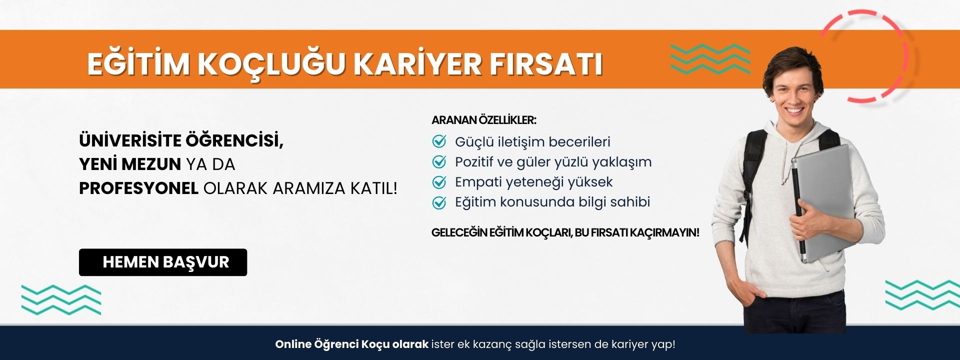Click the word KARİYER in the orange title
click(x=417, y=64)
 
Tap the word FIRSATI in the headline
click(x=546, y=64)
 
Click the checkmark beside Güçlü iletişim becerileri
click(x=439, y=141)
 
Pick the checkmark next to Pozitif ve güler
click(x=439, y=161)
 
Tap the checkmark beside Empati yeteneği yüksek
click(x=439, y=182)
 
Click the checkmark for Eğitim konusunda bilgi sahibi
click(x=439, y=202)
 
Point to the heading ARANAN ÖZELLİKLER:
click(x=484, y=120)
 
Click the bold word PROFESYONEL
click(x=139, y=188)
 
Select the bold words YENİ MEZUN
click(x=130, y=164)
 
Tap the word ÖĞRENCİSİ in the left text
click(x=234, y=141)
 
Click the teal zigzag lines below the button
click(x=61, y=300)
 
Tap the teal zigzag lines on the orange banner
click(x=710, y=59)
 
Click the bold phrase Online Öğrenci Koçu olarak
click(x=352, y=344)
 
